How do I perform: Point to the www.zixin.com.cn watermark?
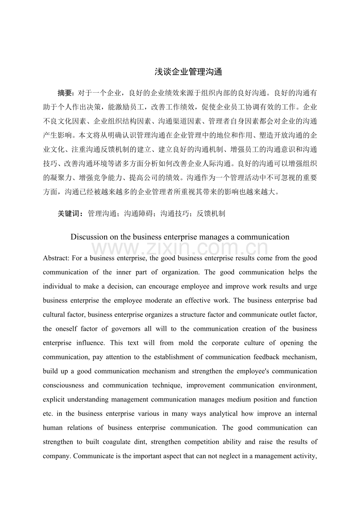[180, 249]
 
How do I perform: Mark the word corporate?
[225, 343]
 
